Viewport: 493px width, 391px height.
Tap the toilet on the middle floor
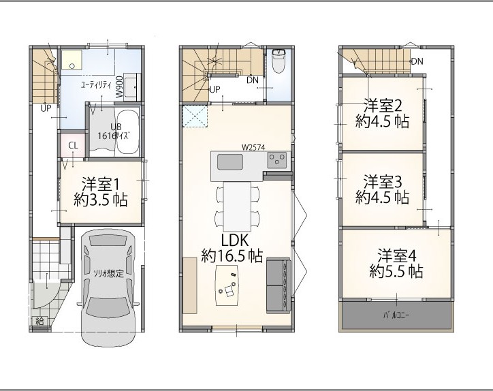tap(279, 61)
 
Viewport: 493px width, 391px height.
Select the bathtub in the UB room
tap(127, 131)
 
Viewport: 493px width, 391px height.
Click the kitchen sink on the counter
tap(230, 161)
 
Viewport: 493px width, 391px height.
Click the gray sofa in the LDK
tap(279, 285)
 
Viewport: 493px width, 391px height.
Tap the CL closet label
tap(73, 146)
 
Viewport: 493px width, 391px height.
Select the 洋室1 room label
tap(101, 185)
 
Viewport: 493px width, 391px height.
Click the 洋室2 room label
tap(382, 106)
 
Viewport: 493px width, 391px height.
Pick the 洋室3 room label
tap(382, 182)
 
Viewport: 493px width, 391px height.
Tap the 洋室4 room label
tap(396, 255)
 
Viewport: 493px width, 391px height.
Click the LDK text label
tap(235, 240)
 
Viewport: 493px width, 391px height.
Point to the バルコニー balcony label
tap(396, 315)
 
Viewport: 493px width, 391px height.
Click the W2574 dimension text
tap(253, 147)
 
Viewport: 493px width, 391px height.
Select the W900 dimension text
tap(119, 87)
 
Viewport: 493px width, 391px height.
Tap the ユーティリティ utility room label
tap(96, 85)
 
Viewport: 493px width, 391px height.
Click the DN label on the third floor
tap(417, 61)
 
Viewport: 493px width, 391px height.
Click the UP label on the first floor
tap(46, 108)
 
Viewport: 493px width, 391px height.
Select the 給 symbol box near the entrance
tap(39, 321)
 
